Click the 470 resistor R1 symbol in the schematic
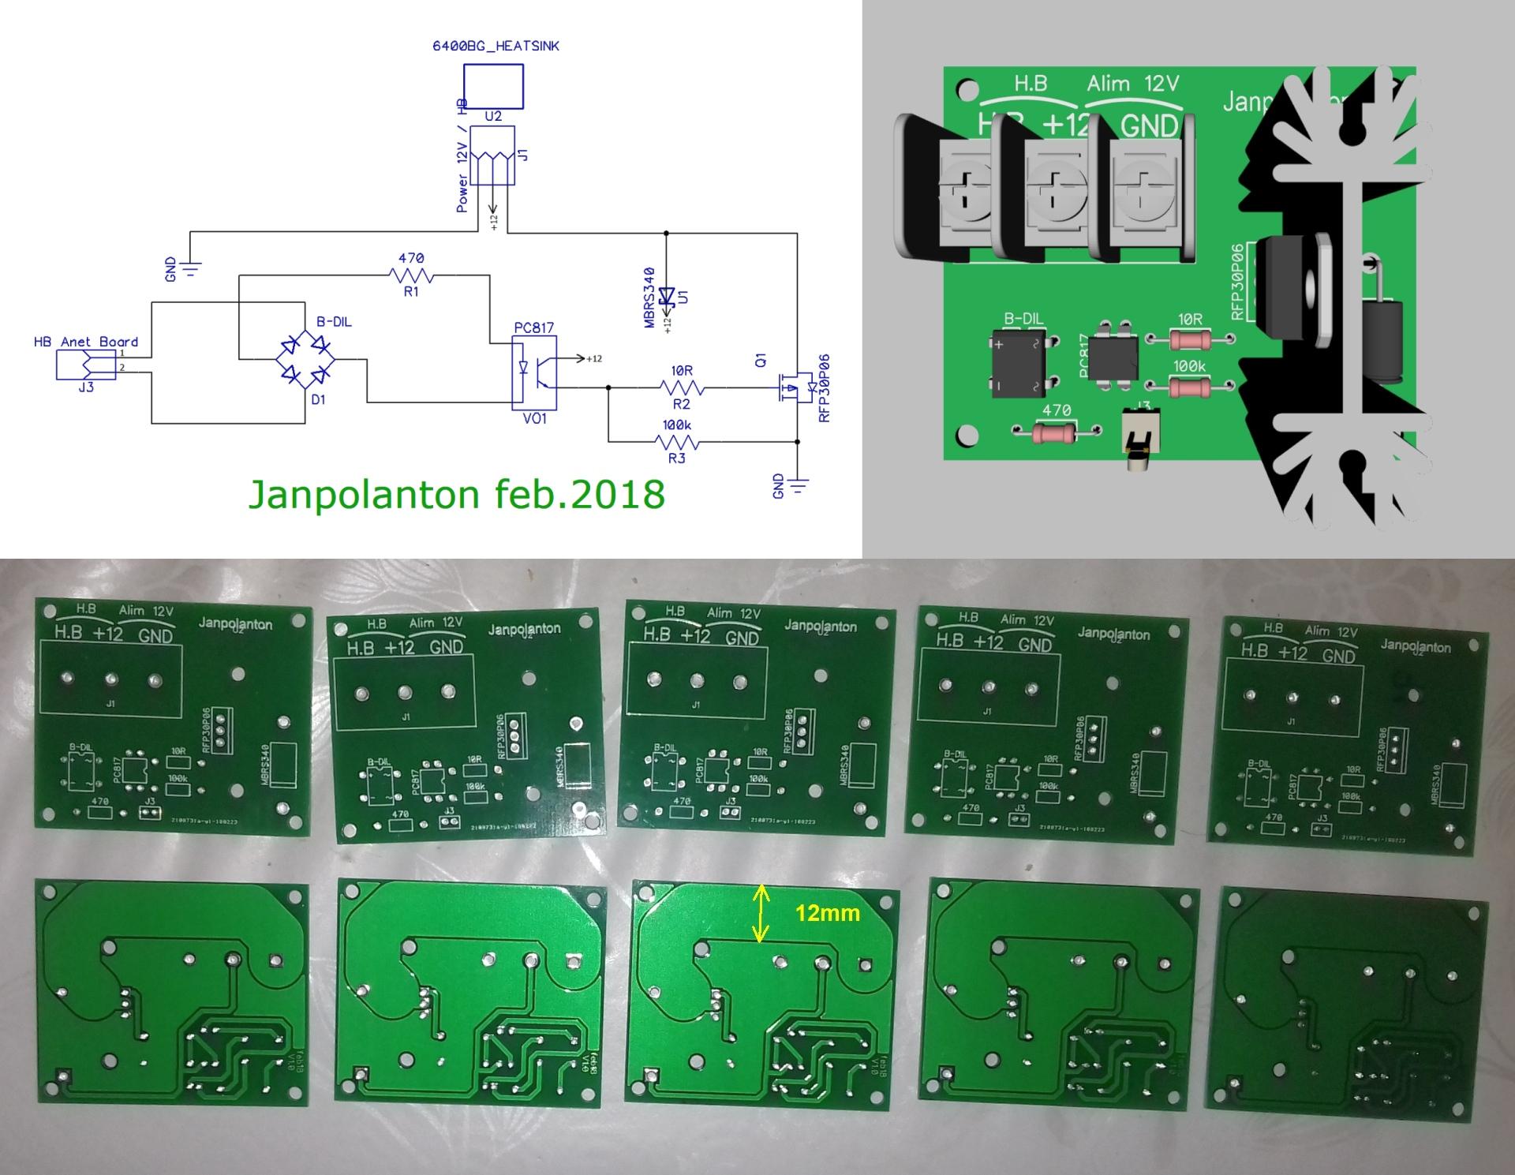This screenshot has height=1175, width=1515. tap(411, 275)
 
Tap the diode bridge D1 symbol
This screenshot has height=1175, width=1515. tap(306, 360)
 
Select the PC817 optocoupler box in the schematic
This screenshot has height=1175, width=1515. tap(534, 372)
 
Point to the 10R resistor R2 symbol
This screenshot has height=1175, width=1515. tap(682, 387)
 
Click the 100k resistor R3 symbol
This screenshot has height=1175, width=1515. tap(676, 442)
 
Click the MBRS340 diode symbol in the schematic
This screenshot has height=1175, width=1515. tap(667, 297)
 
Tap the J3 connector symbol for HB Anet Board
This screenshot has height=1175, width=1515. tap(86, 365)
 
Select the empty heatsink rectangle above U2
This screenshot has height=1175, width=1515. tap(493, 85)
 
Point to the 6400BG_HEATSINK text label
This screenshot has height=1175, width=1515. tap(496, 46)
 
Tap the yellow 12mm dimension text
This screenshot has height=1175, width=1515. tap(827, 913)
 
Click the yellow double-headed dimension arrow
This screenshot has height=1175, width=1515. tap(761, 913)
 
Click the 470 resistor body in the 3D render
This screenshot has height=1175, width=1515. tap(1055, 432)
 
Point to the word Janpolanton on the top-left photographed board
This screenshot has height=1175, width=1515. tap(235, 623)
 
